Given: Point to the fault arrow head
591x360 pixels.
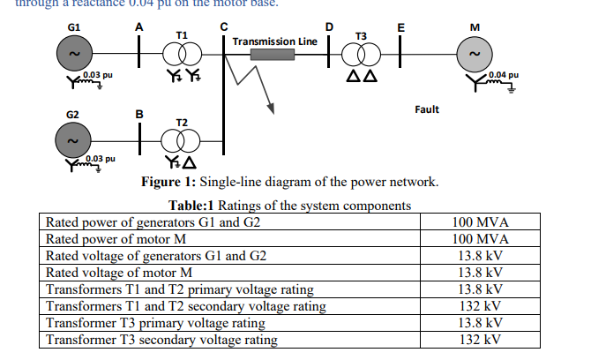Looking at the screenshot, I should pyautogui.click(x=269, y=109).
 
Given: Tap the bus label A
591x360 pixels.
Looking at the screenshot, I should pyautogui.click(x=139, y=26).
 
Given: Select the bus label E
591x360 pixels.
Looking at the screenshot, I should pyautogui.click(x=400, y=26).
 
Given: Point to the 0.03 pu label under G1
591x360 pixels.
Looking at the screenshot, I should pyautogui.click(x=98, y=75).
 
